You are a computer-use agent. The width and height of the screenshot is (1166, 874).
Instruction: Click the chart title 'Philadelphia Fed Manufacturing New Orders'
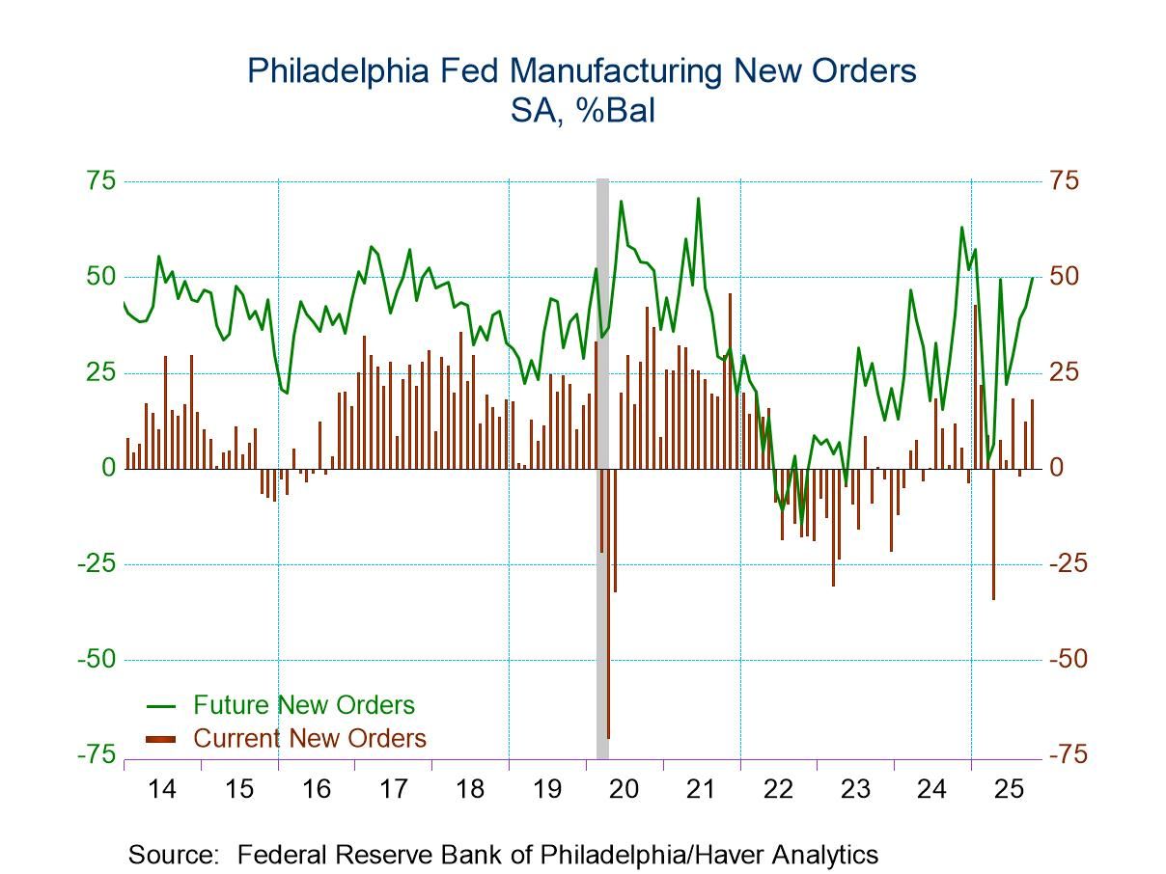582,71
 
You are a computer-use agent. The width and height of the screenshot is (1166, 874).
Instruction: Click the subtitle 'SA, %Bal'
582,111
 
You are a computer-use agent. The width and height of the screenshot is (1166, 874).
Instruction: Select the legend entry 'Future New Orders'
303,705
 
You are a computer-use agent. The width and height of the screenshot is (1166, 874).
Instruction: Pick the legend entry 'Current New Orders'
309,739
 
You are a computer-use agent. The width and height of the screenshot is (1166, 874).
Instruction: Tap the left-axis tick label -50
96,660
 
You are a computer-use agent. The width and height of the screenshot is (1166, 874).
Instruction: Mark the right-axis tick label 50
1066,277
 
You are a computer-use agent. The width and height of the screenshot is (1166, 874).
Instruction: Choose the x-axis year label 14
162,790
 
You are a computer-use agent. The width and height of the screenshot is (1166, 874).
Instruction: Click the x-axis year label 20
624,790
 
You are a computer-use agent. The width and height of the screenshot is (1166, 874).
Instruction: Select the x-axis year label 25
1009,790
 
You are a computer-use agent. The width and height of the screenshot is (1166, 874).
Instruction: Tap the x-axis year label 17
393,790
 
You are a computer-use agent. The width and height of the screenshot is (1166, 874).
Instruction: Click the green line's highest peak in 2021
698,200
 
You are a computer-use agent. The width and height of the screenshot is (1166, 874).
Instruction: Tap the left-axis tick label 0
108,469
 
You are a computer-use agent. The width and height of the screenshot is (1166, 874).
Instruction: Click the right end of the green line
1032,278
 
